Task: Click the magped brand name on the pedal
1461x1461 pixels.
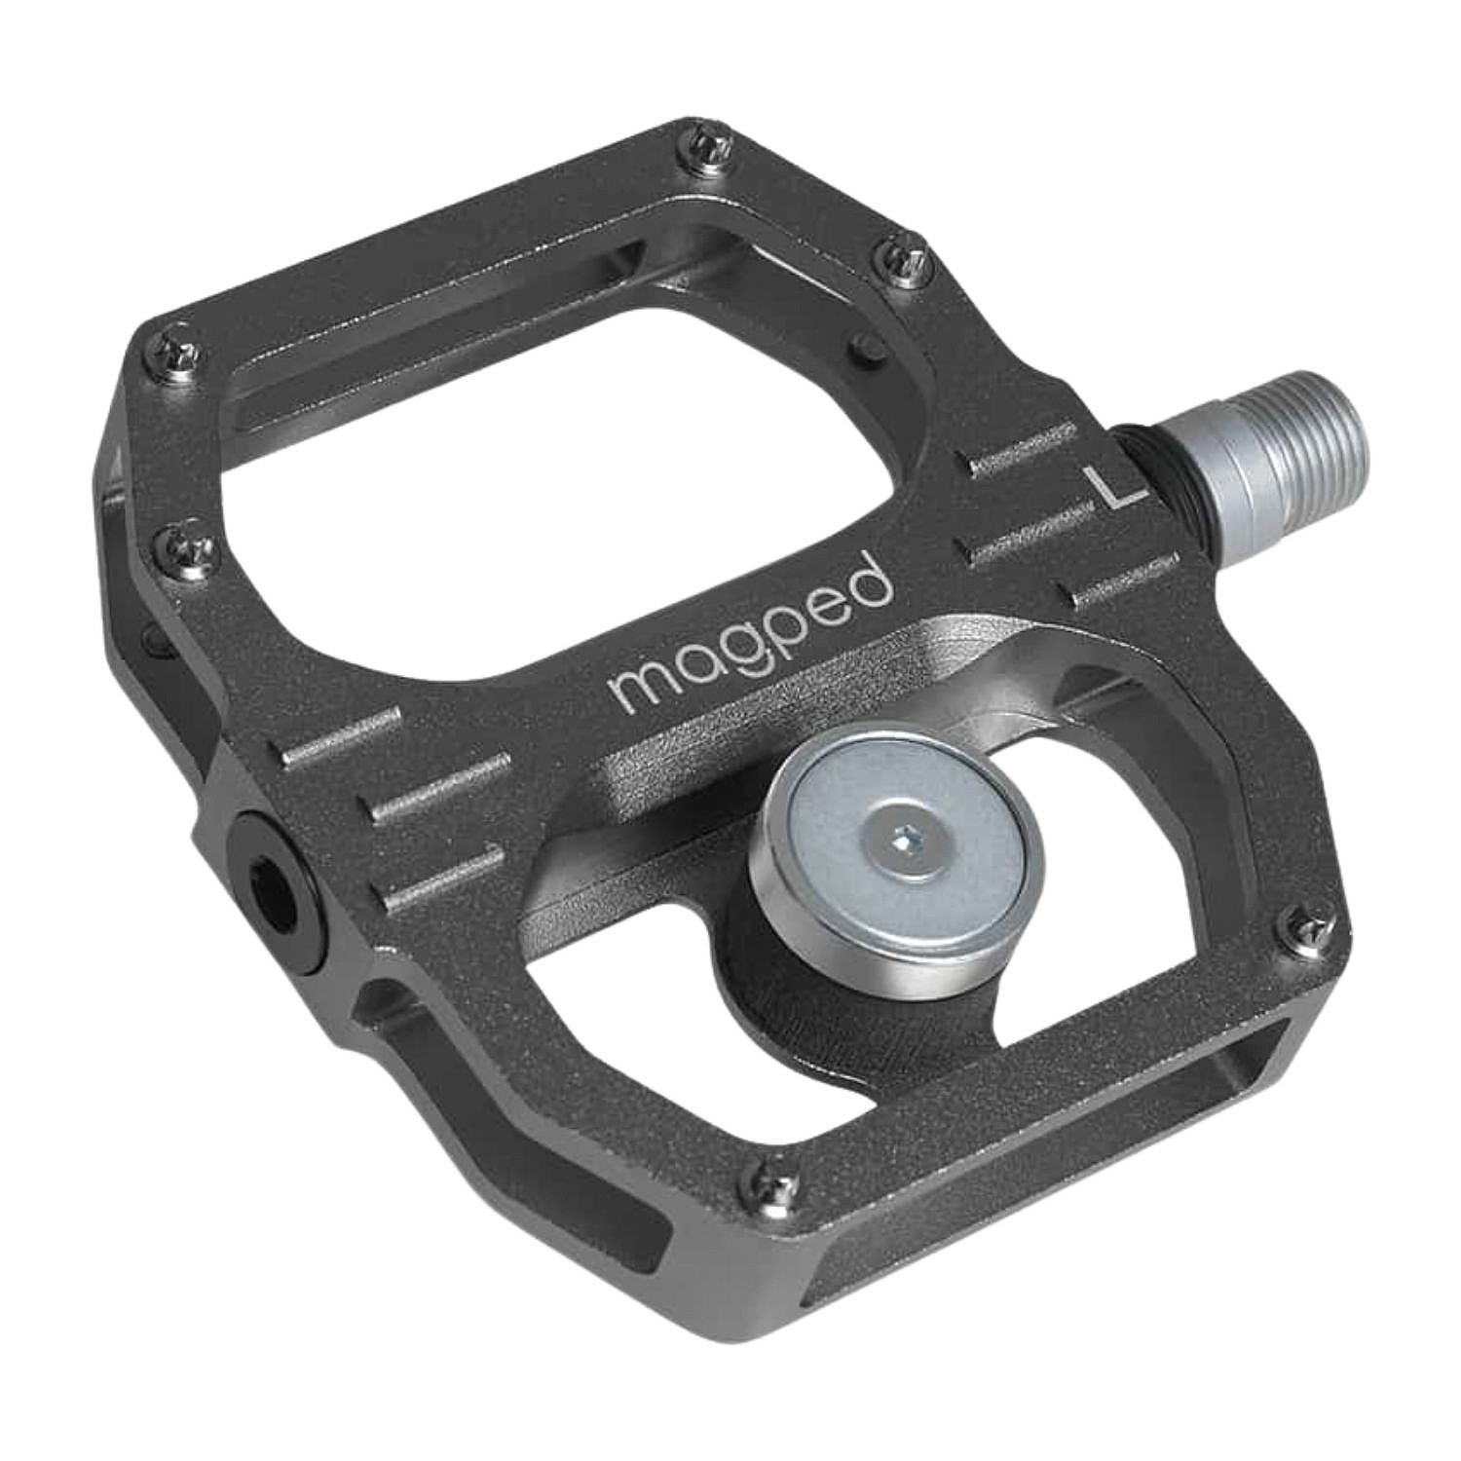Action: tap(750, 633)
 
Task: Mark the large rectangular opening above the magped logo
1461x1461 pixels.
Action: tap(545, 429)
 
